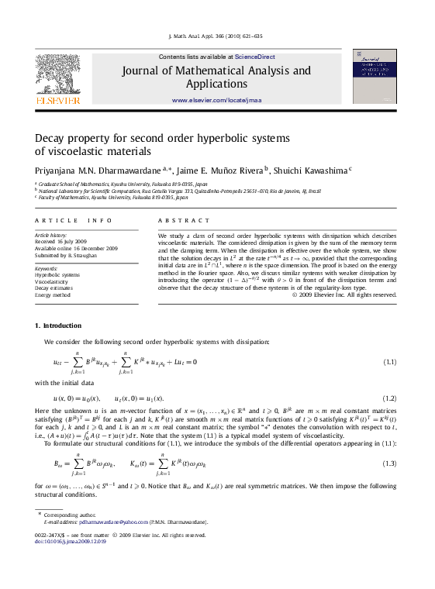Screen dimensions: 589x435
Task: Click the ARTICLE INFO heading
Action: [x=68, y=221]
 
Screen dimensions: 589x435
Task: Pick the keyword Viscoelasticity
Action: [x=54, y=282]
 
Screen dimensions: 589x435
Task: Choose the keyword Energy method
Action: [x=53, y=295]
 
